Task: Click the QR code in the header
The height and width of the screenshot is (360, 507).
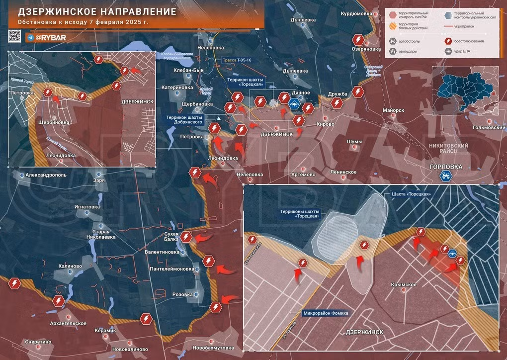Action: pos(14,36)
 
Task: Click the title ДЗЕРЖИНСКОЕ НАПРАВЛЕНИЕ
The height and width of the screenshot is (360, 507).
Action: pos(97,11)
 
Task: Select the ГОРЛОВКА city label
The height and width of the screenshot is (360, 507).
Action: pos(446,167)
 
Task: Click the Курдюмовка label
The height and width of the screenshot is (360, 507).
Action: pos(356,14)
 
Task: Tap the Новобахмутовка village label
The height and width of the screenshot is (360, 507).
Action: pos(199,348)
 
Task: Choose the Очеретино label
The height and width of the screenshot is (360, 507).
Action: pos(39,342)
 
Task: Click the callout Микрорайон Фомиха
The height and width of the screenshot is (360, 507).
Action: pos(326,313)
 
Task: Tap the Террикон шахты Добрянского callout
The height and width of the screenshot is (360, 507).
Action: pos(184,120)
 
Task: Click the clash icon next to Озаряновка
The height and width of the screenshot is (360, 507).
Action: pos(357,40)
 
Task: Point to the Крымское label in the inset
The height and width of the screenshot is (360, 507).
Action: pos(403,284)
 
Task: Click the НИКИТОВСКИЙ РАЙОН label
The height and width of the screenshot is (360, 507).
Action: pos(447,149)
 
